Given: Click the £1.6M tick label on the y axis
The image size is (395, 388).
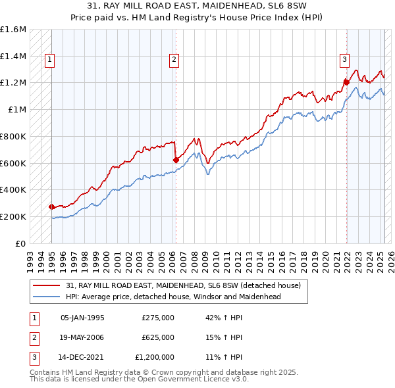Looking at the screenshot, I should click(x=13, y=30).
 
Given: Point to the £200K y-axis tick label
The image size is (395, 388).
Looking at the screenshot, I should click(x=13, y=216).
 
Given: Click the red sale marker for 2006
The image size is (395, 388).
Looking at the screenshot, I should click(x=176, y=159).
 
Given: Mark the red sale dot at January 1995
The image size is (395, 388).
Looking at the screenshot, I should click(x=52, y=206).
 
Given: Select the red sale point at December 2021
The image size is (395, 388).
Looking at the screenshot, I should click(x=346, y=82).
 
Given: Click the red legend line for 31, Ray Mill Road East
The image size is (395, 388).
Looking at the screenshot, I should click(x=46, y=285).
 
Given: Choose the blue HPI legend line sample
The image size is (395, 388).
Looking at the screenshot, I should click(x=46, y=297).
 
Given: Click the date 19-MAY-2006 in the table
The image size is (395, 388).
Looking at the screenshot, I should click(x=82, y=337).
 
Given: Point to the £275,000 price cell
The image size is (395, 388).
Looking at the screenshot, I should click(x=158, y=317).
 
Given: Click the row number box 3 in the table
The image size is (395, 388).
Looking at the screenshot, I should click(x=32, y=358).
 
